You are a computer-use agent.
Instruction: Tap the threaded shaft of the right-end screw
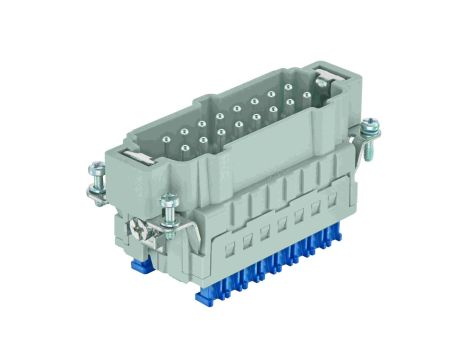[x=367, y=150]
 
